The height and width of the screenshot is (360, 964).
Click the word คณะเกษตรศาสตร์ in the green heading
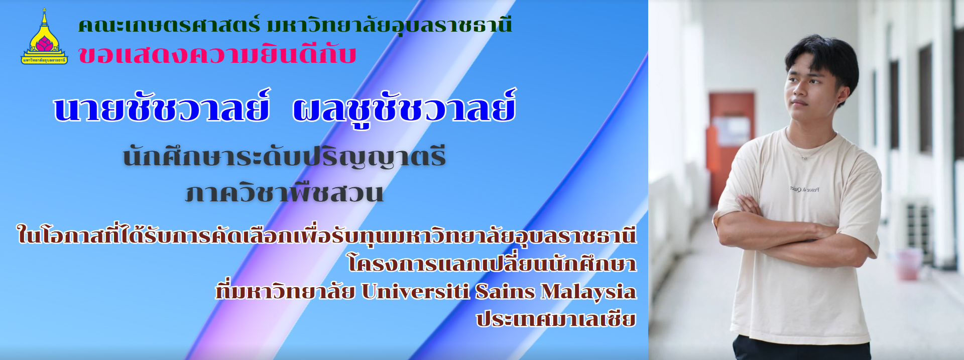pos(169,25)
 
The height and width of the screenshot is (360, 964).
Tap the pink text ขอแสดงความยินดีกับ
pos(217,54)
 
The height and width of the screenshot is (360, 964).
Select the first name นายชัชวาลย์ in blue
pos(162,107)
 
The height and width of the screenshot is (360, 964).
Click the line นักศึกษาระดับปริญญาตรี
pos(285,157)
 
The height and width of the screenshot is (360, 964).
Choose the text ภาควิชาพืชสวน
pos(285,192)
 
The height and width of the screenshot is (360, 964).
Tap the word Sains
pos(505,291)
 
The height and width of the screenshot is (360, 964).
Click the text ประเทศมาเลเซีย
pos(556,319)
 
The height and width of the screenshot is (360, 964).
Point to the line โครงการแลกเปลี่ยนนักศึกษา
pos(492,263)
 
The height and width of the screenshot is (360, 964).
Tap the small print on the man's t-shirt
pos(805,189)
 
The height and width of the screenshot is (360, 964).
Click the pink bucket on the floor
pos(909,264)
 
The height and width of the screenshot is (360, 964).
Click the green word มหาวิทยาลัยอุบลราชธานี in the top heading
pos(390,25)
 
